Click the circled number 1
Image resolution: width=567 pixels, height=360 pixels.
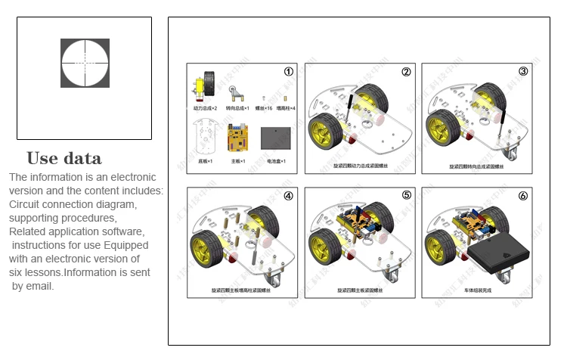point(288,71)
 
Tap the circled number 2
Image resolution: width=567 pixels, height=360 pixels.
point(406,71)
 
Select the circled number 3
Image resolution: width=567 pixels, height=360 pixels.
point(522,71)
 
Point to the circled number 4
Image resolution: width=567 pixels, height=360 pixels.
point(288,195)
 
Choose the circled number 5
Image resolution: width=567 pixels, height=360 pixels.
point(406,195)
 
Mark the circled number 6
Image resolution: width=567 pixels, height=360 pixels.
point(522,195)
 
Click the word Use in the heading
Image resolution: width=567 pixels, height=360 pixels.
point(42,159)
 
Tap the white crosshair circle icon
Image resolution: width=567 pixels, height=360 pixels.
point(85,63)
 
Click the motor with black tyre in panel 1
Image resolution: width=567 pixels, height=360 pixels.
point(203,86)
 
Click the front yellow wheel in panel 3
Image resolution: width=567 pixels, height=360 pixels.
point(440,128)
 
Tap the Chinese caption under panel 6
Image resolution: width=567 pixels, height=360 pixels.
point(476,290)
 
